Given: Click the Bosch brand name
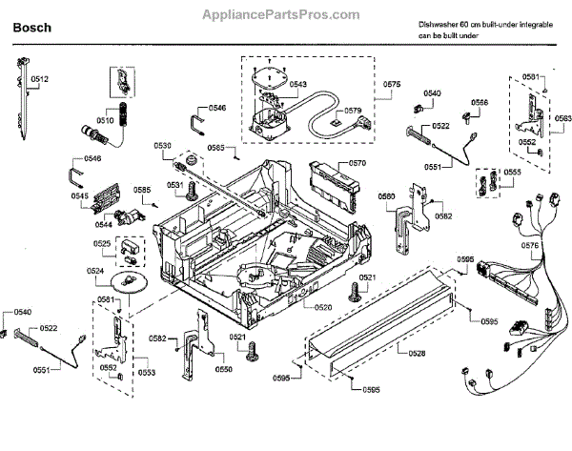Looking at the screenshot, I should tap(31, 29).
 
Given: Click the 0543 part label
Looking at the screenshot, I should tap(297, 85).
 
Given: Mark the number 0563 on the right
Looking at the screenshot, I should tap(562, 118).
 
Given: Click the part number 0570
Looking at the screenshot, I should tap(357, 163).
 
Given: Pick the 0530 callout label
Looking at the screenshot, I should tap(163, 146).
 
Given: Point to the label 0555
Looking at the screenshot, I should tap(512, 172).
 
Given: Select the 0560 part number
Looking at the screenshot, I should tap(386, 196).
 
